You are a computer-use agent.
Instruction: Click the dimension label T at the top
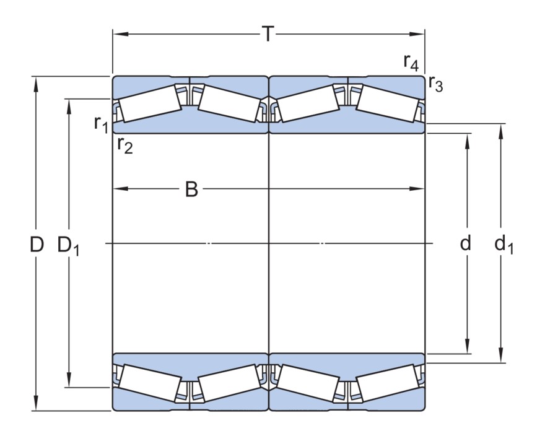point(268,34)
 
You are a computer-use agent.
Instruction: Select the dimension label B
point(192,190)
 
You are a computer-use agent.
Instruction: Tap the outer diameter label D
point(37,245)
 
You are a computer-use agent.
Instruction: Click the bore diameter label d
point(466,243)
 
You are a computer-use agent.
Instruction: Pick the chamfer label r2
point(124,145)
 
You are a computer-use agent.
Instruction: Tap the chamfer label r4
point(411,62)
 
